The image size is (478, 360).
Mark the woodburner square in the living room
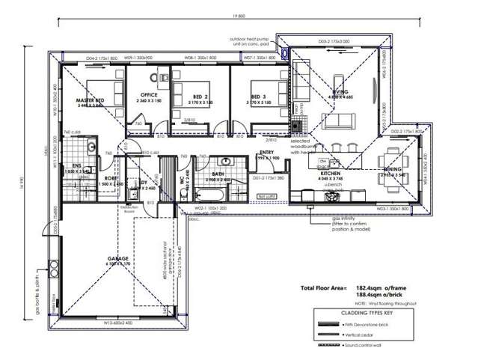[x=298, y=126]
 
